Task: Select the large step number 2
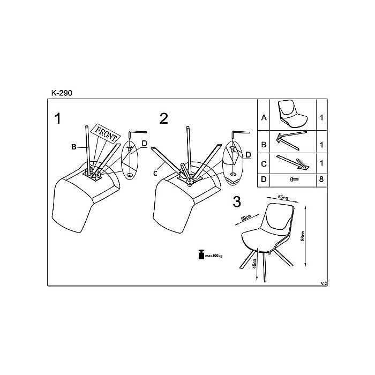pyautogui.click(x=164, y=118)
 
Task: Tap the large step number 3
pyautogui.click(x=237, y=202)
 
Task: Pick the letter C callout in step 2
pyautogui.click(x=154, y=172)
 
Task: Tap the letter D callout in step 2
pyautogui.click(x=247, y=155)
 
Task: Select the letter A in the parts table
pyautogui.click(x=264, y=117)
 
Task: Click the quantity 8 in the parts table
pyautogui.click(x=321, y=179)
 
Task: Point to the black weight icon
pyautogui.click(x=201, y=254)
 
